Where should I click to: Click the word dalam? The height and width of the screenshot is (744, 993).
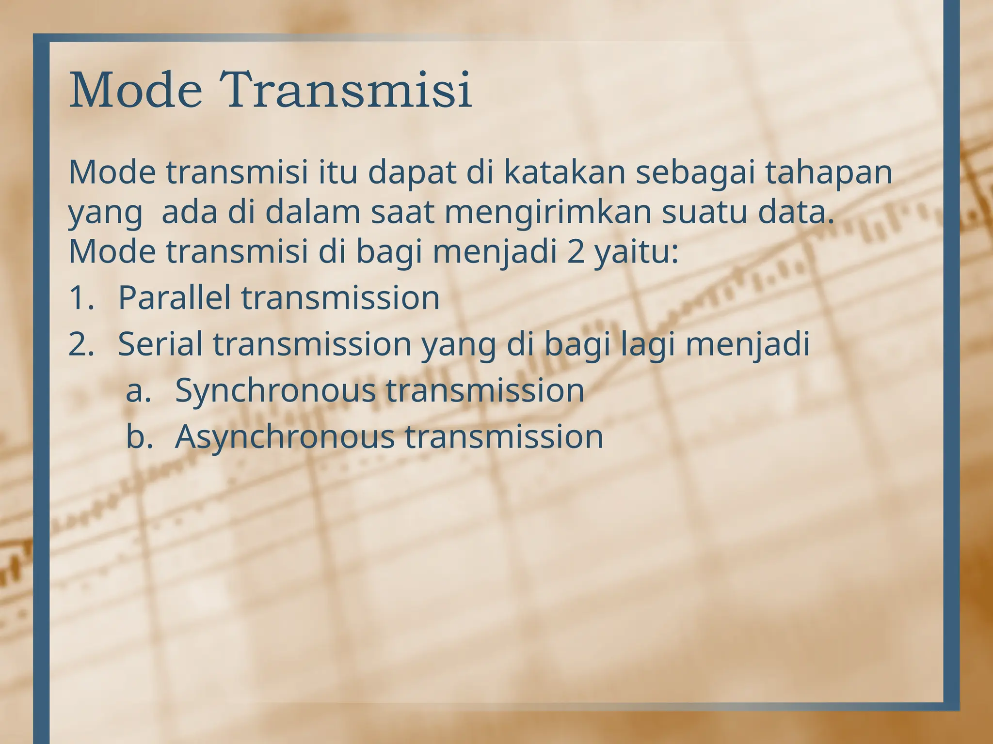pos(313,213)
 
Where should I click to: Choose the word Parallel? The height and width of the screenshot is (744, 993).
pos(174,297)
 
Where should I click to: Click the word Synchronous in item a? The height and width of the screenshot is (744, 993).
pos(274,390)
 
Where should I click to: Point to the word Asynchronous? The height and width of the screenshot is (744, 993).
pos(284,437)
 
